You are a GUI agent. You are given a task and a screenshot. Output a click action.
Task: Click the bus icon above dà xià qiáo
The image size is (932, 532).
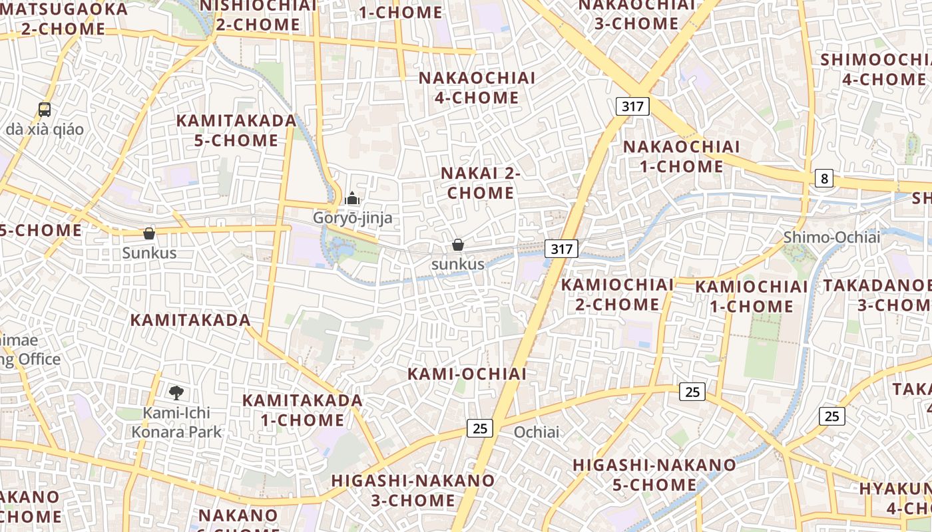coord(45,110)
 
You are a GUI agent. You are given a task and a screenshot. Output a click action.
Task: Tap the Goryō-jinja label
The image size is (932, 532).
coord(353,218)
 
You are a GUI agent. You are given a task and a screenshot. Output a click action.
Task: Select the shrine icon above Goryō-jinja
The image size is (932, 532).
coord(352,198)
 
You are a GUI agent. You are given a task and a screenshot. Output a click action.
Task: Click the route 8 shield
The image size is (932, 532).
coord(824,178)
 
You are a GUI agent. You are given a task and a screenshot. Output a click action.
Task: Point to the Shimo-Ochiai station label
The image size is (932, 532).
coord(831,237)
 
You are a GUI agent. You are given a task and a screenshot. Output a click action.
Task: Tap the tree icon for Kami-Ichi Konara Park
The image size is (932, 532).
coord(176,392)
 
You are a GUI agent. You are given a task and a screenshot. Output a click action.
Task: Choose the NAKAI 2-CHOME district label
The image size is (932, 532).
coord(480,183)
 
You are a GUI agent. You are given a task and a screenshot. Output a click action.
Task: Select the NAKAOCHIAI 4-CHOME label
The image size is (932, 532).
coord(477,88)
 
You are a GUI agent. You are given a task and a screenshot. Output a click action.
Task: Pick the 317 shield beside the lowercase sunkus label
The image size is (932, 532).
coord(561,249)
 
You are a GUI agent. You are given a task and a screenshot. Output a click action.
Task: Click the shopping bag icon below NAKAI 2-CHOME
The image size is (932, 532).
coord(458,245)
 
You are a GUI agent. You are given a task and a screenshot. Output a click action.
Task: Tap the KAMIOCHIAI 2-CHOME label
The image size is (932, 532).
coord(617,295)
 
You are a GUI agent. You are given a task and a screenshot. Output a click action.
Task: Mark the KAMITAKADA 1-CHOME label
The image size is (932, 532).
coord(302,410)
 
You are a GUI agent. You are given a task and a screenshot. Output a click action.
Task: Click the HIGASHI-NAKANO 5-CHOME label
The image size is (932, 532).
coord(654,475)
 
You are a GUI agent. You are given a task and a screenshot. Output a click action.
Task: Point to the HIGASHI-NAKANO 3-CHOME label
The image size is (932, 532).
coord(413,490)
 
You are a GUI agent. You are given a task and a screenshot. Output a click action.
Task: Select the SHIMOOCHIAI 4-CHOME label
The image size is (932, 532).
coord(873,69)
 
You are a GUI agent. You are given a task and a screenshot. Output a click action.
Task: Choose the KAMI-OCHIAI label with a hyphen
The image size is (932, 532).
coord(467,374)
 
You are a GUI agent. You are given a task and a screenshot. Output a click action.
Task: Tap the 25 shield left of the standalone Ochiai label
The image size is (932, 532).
coord(480,428)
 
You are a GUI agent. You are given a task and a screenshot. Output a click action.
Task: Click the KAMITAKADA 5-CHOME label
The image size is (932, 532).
coord(236,130)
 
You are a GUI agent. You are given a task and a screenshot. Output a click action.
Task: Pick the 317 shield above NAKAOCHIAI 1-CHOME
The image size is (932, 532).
coord(632,106)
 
